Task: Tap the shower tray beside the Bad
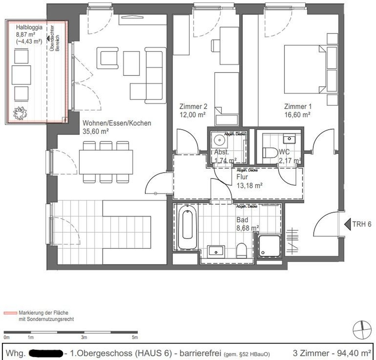[269, 246]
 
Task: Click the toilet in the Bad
[241, 250]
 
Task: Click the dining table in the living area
[106, 162]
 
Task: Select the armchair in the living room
[107, 57]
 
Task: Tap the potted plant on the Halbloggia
[20, 113]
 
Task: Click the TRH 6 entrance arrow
[347, 224]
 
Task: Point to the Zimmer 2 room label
[193, 107]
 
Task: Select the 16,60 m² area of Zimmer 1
[297, 114]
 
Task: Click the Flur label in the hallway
[242, 177]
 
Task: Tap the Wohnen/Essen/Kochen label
[116, 123]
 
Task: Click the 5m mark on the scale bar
[135, 337]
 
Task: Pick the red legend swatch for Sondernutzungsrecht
[10, 313]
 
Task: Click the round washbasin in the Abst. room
[219, 140]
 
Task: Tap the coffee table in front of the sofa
[131, 63]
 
